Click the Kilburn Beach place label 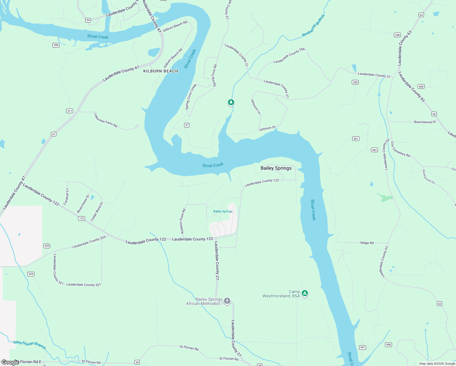click(161, 71)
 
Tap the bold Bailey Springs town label click(276, 168)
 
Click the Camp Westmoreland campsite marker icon click(305, 293)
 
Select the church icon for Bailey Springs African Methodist click(227, 301)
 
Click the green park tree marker click(231, 102)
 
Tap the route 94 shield click(88, 20)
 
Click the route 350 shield click(56, 45)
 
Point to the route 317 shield click(69, 111)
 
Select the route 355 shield click(355, 82)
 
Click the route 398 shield click(397, 35)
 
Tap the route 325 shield click(47, 246)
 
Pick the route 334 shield click(31, 274)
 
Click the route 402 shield click(375, 150)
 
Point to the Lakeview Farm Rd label click(106, 120)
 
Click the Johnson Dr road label click(267, 128)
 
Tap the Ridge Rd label click(367, 243)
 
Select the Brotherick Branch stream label click(313, 26)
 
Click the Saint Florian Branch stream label click(30, 345)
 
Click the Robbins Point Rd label click(182, 221)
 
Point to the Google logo click(10, 362)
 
